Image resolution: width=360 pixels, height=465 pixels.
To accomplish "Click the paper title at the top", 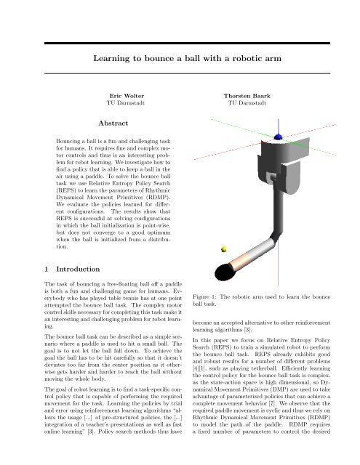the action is tap(187, 58).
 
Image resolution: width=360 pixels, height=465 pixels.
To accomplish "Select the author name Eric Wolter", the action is tap(127, 96).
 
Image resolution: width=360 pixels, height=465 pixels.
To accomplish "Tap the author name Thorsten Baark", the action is tap(247, 96).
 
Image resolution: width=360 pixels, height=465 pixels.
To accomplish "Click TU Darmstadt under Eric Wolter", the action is tap(126, 103).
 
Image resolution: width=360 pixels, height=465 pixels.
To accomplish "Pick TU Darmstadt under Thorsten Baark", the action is tap(247, 103).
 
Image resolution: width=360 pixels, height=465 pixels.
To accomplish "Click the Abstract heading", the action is tap(113, 123).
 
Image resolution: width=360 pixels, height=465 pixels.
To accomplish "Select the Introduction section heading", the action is tap(78, 269).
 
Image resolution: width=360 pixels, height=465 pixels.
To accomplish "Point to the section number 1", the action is tap(47, 269).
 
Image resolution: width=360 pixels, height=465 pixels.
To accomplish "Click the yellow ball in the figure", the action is tap(224, 249).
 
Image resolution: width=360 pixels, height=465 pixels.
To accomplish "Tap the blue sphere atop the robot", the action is tap(278, 137).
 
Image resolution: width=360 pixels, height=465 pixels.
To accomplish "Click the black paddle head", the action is tap(225, 272).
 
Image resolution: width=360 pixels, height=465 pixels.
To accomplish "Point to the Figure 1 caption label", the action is tap(205, 297).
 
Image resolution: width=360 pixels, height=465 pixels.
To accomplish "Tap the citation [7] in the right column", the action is tap(272, 403).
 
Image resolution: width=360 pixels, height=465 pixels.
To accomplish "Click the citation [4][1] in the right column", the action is tap(199, 368).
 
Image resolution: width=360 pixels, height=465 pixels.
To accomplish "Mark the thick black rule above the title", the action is tap(187, 44).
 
